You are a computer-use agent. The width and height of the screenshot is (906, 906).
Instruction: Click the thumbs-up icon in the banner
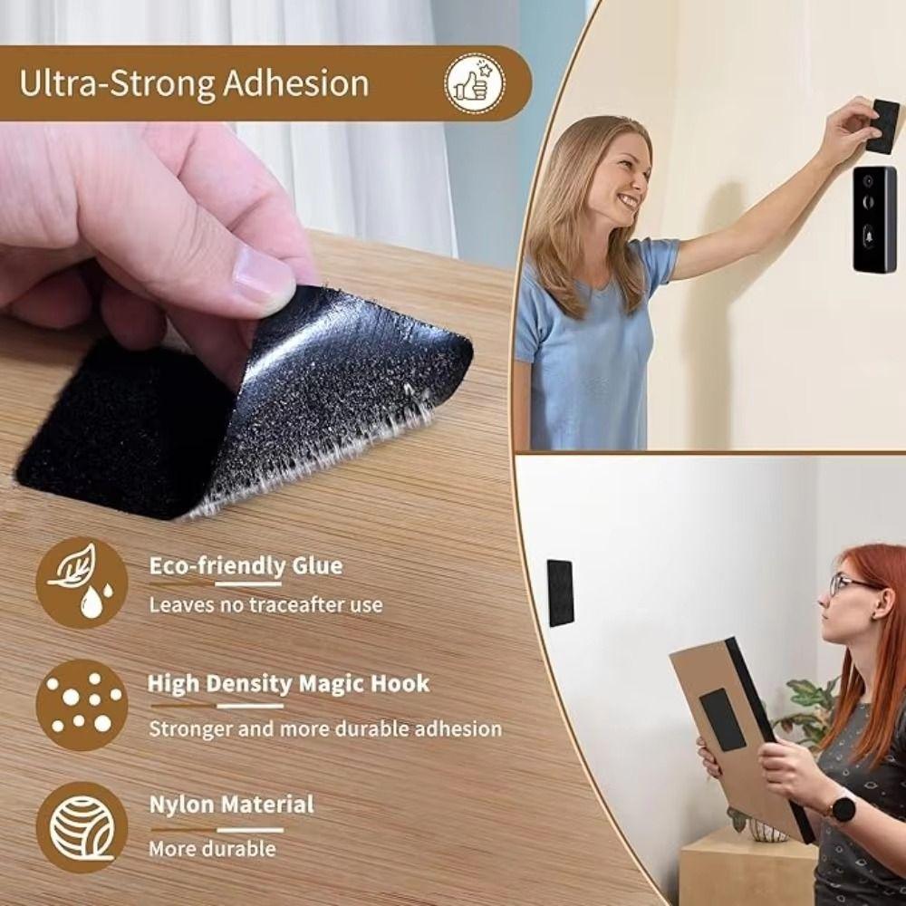pos(475,83)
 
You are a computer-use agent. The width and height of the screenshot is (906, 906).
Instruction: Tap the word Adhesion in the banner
pos(296,83)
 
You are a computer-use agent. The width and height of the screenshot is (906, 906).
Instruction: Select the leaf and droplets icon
pos(82,582)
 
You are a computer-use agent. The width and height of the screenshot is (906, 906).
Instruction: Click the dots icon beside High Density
pos(82,705)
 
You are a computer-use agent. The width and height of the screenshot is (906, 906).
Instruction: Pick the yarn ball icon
pos(82,827)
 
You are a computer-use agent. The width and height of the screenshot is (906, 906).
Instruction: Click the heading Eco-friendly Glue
pos(246,565)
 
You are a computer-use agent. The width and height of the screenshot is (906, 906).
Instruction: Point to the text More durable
pos(212,849)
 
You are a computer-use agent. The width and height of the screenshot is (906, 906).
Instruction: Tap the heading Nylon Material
pos(232,805)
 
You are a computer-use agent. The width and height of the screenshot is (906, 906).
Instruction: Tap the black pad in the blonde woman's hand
pos(882,126)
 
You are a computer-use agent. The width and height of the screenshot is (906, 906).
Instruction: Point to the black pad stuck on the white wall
pos(560,593)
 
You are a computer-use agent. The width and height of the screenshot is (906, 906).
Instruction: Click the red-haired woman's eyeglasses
pos(850,584)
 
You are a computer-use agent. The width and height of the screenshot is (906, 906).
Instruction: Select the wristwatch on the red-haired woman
pos(843,807)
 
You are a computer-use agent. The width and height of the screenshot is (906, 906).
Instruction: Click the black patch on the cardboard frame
pos(722,719)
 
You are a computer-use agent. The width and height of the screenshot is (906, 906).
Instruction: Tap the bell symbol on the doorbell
pos(869,236)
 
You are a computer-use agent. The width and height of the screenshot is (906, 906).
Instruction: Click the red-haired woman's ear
pos(882,603)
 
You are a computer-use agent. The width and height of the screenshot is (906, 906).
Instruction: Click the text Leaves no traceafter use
pos(265,605)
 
